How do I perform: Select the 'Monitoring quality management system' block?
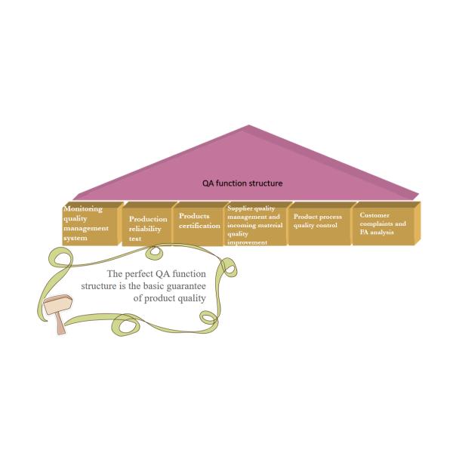90,224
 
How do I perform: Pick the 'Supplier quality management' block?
257,224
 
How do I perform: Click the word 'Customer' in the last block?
374,215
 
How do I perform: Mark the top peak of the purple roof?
248,125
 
